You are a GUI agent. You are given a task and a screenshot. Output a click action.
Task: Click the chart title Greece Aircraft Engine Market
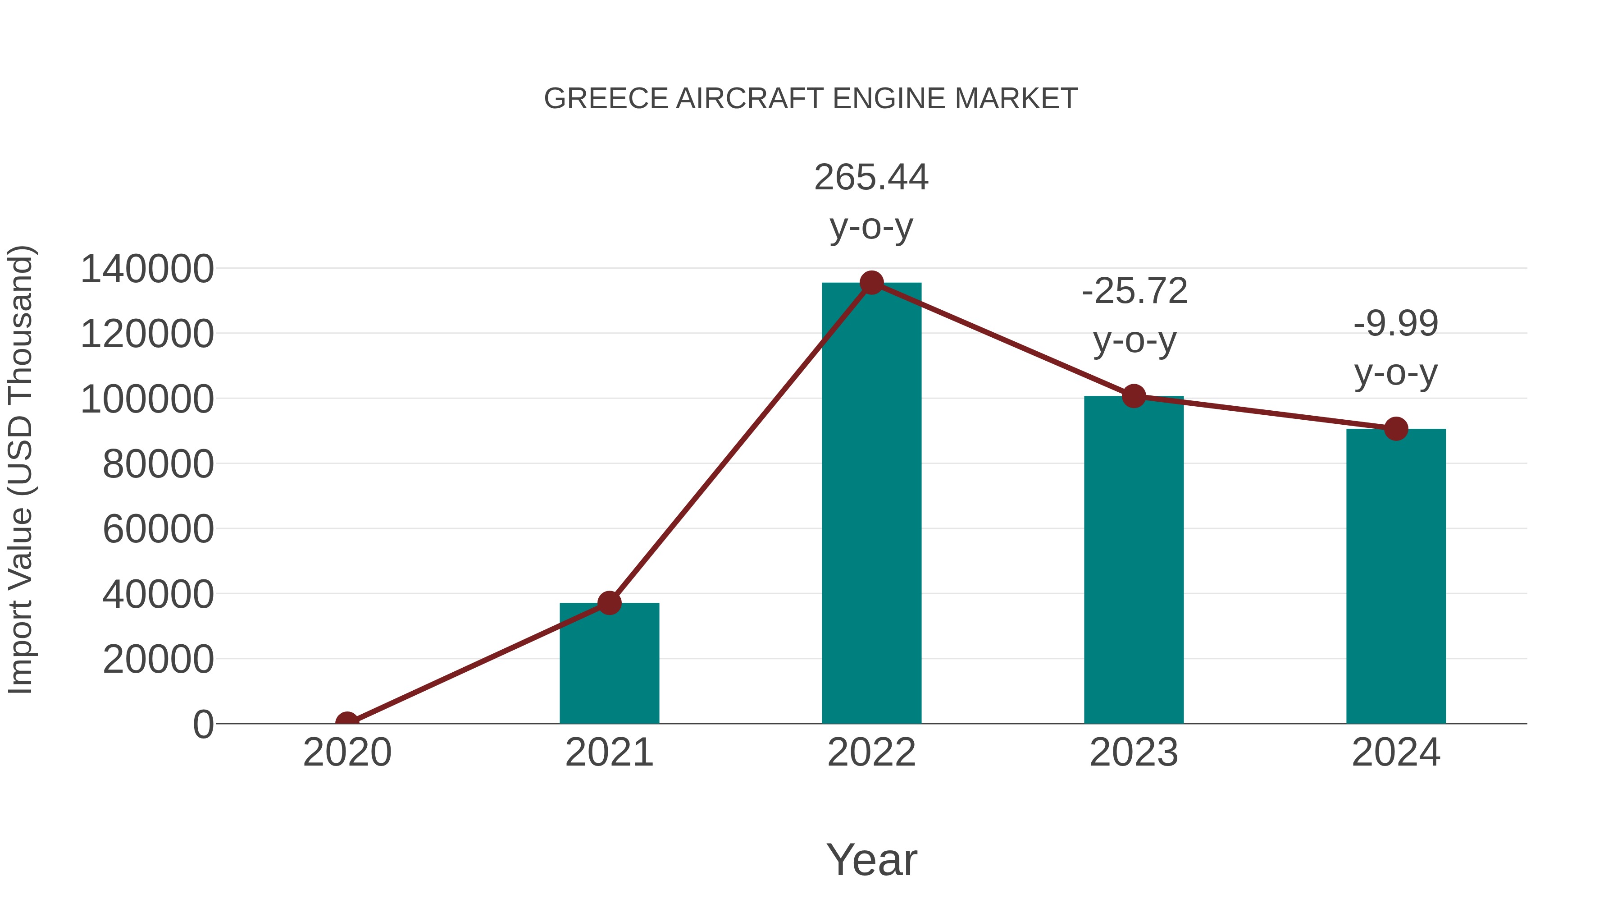tap(811, 99)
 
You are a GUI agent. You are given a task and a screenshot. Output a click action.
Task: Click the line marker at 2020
tap(347, 722)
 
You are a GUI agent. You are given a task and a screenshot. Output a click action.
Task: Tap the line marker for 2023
tap(1134, 396)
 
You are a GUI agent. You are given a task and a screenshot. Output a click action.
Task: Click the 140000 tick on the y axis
tap(147, 269)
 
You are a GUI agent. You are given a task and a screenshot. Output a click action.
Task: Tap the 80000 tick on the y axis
tap(158, 464)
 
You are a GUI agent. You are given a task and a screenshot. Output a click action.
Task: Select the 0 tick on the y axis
tap(203, 724)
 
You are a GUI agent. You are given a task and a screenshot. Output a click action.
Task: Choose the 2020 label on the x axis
tap(347, 752)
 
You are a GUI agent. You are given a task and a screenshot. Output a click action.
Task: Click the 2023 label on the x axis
tap(1134, 752)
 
